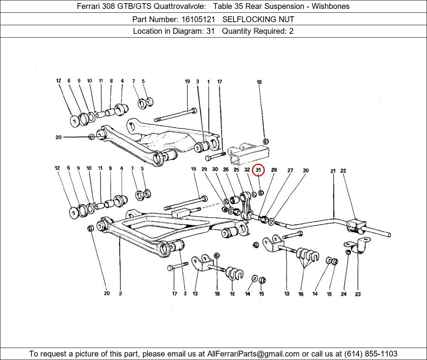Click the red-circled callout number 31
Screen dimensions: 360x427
click(258, 170)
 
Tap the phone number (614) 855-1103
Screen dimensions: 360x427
click(370, 354)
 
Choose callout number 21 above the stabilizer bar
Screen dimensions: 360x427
click(333, 171)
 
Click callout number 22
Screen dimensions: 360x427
click(343, 171)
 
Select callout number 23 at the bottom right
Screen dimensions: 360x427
click(358, 294)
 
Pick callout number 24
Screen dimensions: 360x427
click(344, 294)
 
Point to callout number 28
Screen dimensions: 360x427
click(274, 170)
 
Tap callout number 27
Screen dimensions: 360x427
click(290, 170)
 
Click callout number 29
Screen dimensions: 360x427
click(204, 169)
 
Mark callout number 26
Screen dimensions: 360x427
click(226, 170)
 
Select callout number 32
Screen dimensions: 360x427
click(247, 170)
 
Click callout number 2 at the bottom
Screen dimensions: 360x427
click(120, 294)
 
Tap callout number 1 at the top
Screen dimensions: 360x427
click(208, 82)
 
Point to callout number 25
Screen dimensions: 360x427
click(236, 170)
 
